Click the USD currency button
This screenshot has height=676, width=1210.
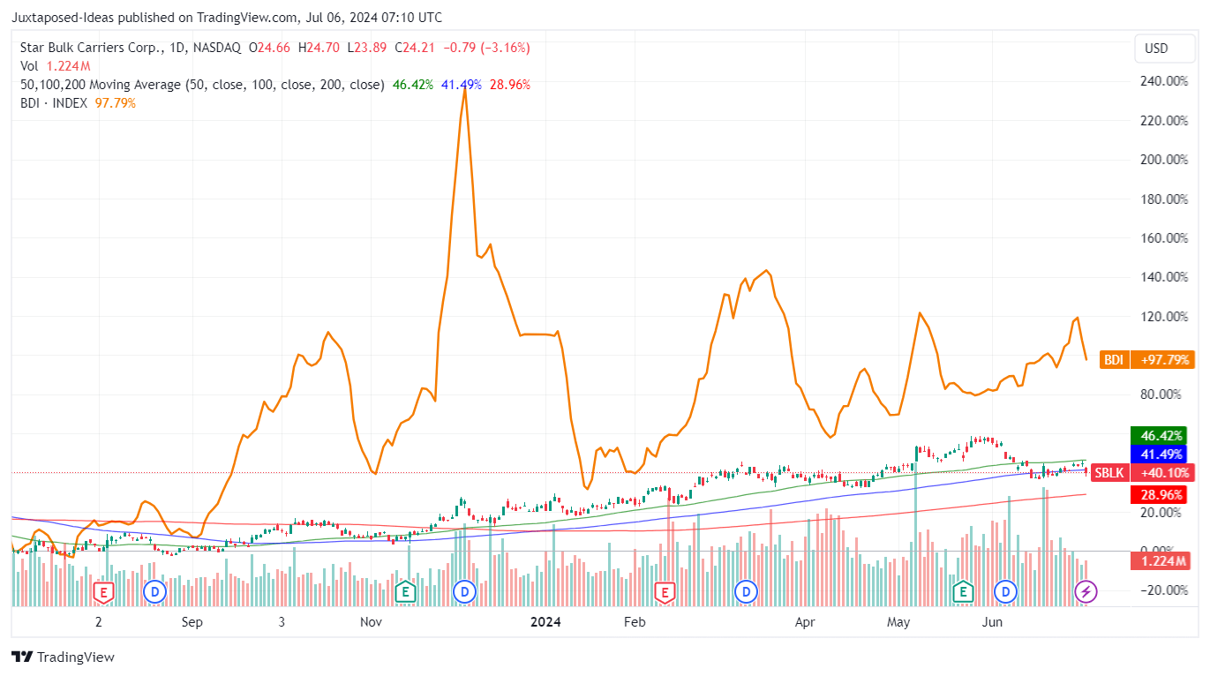(x=1155, y=49)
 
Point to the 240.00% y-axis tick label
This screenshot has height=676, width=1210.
(x=1163, y=81)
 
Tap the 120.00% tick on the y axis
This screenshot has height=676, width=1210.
(x=1163, y=316)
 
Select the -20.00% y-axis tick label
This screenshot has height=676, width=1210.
(x=1162, y=590)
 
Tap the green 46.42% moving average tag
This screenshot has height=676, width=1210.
(x=1161, y=436)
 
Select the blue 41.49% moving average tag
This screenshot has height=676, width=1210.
(x=1161, y=454)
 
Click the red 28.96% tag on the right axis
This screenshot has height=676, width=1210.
(x=1161, y=495)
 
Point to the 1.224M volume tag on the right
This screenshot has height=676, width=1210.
(x=1161, y=561)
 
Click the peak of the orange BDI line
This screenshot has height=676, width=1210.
(x=465, y=88)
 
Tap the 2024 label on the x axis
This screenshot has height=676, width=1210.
(x=545, y=622)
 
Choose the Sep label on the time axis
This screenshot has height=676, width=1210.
(x=192, y=622)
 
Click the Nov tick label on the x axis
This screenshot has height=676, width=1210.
(x=371, y=622)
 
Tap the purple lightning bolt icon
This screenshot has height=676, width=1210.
(x=1086, y=591)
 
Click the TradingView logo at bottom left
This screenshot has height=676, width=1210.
(x=63, y=657)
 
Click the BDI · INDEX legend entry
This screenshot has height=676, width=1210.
(x=54, y=103)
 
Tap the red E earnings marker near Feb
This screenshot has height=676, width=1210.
(x=664, y=591)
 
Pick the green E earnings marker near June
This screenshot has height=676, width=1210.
(x=962, y=591)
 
